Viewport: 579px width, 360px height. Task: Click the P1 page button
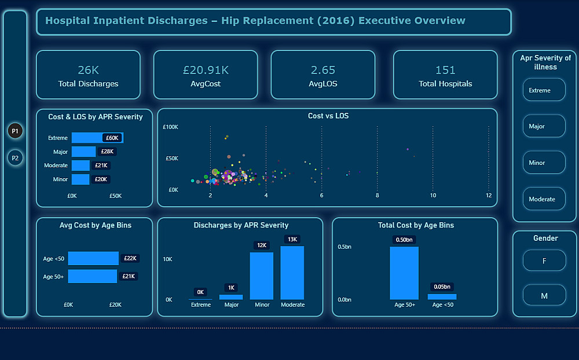[15, 131]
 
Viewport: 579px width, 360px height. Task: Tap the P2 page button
[15, 157]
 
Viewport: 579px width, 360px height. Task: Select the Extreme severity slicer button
[544, 90]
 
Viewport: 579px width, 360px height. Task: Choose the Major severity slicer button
[544, 126]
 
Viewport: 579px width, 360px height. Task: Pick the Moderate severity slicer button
[544, 199]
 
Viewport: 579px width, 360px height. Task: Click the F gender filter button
[544, 261]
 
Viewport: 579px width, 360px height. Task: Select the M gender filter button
[544, 296]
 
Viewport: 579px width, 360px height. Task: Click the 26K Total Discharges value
[88, 70]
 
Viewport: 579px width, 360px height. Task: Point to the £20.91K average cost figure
[206, 70]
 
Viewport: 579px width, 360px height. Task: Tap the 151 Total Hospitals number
[445, 70]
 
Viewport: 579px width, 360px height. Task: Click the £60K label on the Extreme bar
[112, 138]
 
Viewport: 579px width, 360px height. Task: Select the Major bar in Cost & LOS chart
[83, 152]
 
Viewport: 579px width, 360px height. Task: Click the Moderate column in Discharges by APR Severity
[292, 273]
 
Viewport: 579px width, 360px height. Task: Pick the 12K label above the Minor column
[262, 245]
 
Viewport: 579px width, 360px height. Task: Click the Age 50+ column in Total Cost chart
[404, 273]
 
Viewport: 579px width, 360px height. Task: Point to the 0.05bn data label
[442, 286]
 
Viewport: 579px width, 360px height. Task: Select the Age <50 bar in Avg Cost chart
[93, 258]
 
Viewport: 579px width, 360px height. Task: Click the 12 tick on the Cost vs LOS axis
[489, 196]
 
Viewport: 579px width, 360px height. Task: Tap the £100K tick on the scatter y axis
[170, 127]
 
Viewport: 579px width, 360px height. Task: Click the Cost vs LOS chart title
[328, 116]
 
